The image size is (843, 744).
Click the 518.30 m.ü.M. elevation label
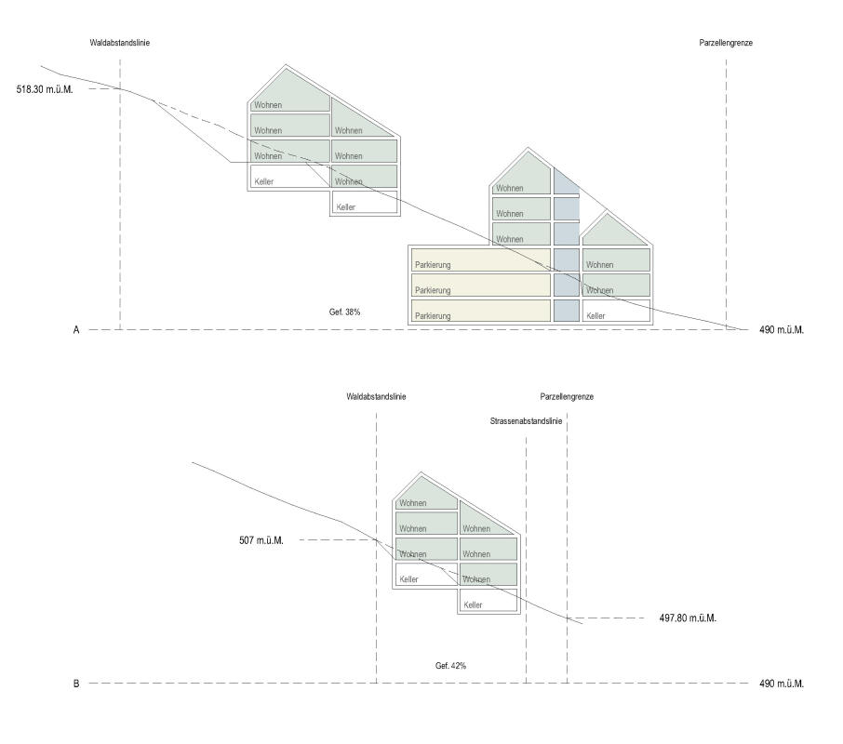pyautogui.click(x=45, y=89)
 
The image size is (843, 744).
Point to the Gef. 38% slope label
pyautogui.click(x=345, y=312)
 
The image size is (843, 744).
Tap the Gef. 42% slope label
pyautogui.click(x=450, y=666)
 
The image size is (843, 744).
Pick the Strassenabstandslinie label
pyautogui.click(x=526, y=421)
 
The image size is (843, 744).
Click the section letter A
pyautogui.click(x=76, y=330)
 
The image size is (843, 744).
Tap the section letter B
pyautogui.click(x=76, y=684)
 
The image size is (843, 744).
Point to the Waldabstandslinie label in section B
pyautogui.click(x=376, y=397)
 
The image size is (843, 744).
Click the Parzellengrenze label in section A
pyautogui.click(x=726, y=44)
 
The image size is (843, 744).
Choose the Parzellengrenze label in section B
pyautogui.click(x=567, y=397)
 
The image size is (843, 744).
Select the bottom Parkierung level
pyautogui.click(x=478, y=311)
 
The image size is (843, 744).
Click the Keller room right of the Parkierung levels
pyautogui.click(x=615, y=312)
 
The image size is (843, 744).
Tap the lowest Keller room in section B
pyautogui.click(x=488, y=601)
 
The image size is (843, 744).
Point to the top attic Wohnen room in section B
pyautogui.click(x=424, y=496)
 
